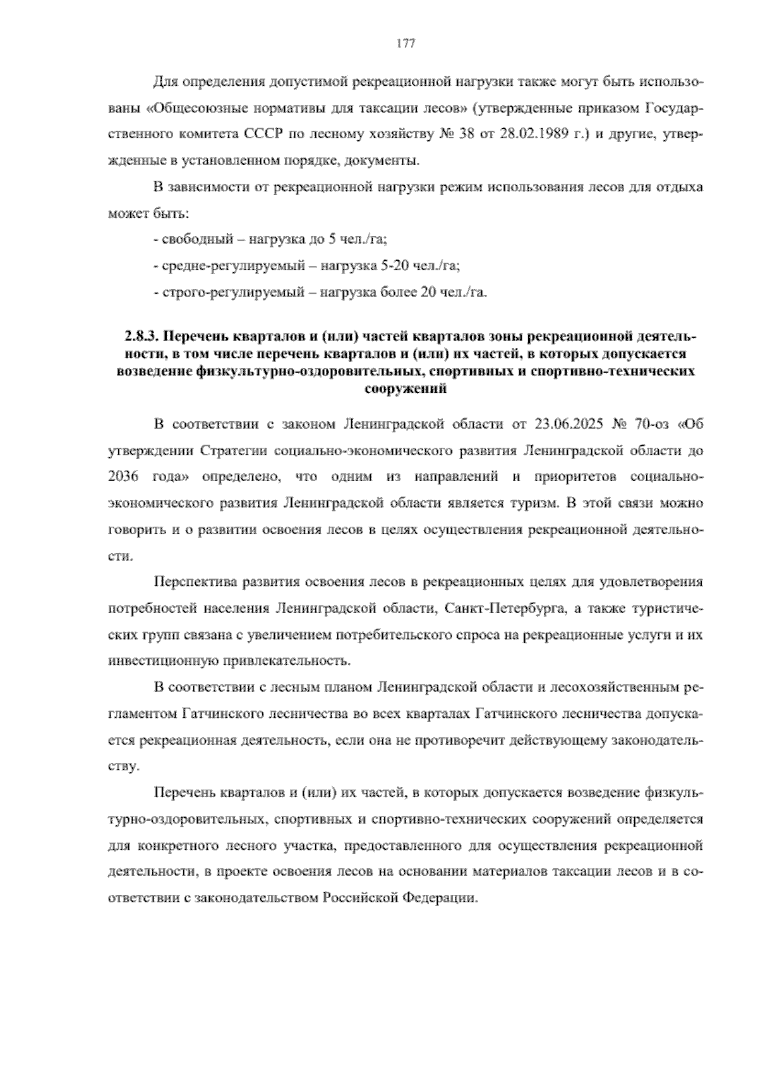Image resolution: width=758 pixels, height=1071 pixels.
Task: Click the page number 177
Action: pos(405,44)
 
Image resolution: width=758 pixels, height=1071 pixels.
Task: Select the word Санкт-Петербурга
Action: pos(495,608)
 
